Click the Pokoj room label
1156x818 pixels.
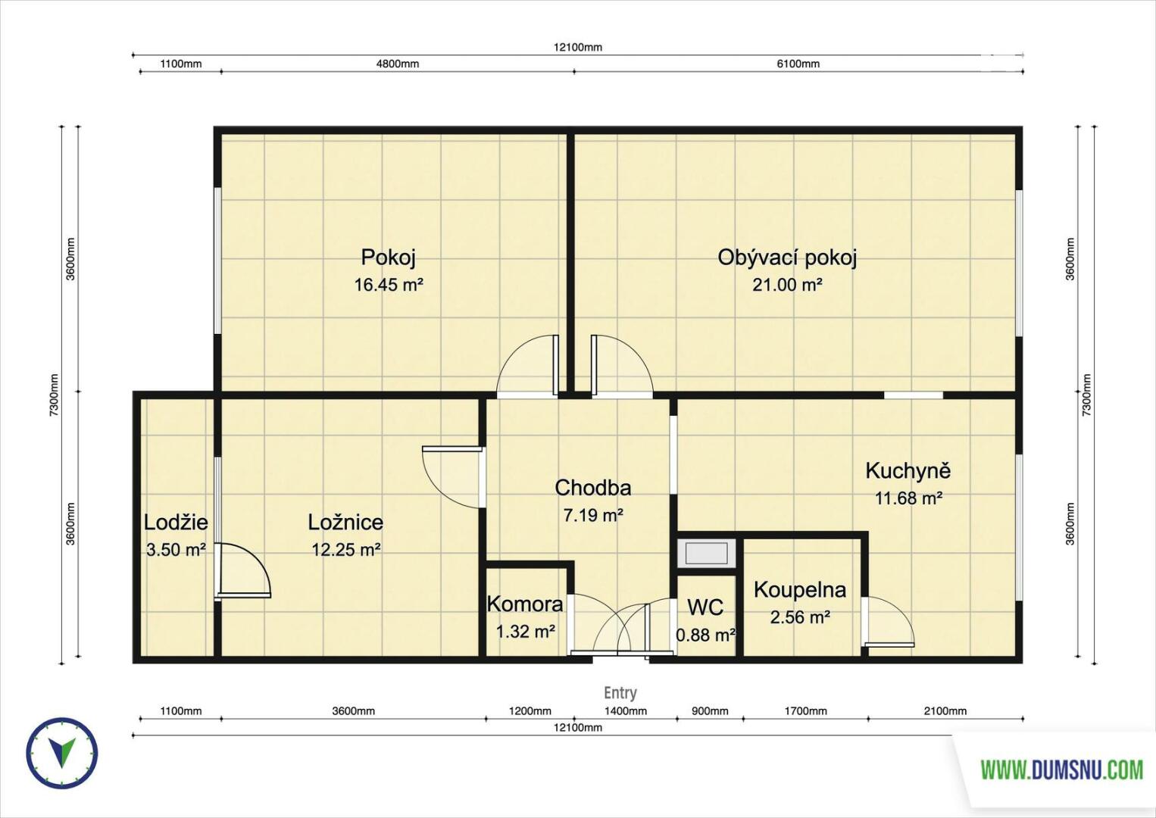click(388, 258)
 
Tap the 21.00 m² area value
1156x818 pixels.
click(787, 284)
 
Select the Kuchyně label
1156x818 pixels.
click(908, 470)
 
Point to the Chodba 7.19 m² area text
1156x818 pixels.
click(593, 515)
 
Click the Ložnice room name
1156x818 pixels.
click(345, 523)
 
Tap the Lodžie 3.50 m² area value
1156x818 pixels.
click(176, 550)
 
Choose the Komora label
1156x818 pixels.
click(525, 604)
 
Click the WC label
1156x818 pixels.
click(705, 607)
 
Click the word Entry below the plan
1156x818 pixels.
click(620, 692)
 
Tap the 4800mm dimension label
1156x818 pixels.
click(398, 64)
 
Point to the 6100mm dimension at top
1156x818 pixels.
click(798, 64)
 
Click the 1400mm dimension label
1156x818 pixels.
click(626, 711)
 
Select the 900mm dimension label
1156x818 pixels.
click(710, 711)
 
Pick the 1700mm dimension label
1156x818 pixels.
click(805, 711)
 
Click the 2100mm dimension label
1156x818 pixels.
click(945, 711)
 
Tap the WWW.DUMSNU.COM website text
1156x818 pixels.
click(1061, 771)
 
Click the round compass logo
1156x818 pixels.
click(62, 753)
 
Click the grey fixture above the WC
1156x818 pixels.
click(707, 554)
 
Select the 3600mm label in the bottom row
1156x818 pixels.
click(354, 711)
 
